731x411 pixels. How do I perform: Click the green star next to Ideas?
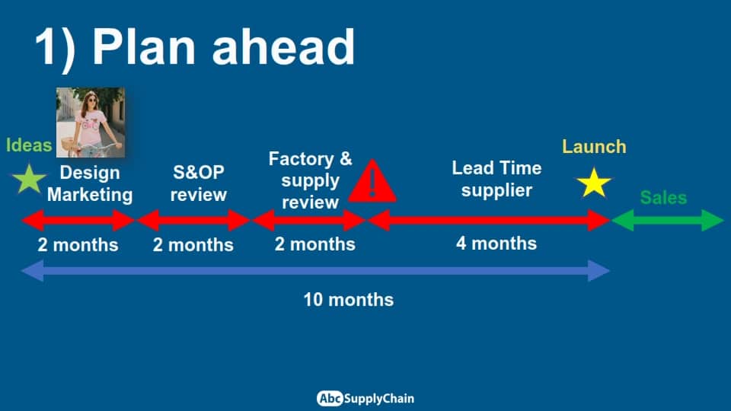click(29, 179)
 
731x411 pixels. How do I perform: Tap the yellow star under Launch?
click(594, 183)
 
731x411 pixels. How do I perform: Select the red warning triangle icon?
click(372, 181)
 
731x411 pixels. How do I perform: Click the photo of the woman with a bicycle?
click(91, 122)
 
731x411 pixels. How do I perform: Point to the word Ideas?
click(29, 145)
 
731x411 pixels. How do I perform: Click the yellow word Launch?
click(594, 147)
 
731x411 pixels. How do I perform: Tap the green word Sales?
click(663, 198)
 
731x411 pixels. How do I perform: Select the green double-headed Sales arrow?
click(668, 221)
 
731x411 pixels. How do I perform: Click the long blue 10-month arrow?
click(315, 271)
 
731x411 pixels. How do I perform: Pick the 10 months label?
click(349, 300)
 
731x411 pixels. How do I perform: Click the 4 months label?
click(496, 244)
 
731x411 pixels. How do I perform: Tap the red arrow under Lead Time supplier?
click(490, 221)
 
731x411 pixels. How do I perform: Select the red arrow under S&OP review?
click(193, 221)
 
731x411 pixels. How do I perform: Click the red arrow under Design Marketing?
click(78, 221)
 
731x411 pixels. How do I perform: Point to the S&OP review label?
click(199, 183)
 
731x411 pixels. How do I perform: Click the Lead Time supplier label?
click(497, 179)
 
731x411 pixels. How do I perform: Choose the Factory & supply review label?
click(311, 180)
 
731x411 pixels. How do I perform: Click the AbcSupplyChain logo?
click(365, 398)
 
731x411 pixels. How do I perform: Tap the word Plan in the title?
click(144, 46)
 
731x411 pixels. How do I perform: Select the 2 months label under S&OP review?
click(193, 244)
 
